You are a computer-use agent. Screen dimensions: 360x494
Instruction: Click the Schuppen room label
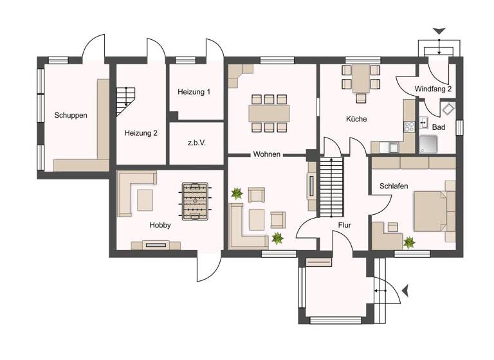(71, 116)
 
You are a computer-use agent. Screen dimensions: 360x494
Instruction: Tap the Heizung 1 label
(194, 92)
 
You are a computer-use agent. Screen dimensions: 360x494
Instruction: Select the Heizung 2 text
(141, 133)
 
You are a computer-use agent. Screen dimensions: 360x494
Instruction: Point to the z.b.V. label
(196, 143)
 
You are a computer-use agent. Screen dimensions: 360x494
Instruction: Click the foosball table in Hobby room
(195, 201)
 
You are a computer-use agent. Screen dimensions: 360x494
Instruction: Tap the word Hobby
(160, 226)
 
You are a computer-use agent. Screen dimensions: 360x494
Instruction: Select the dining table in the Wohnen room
(270, 113)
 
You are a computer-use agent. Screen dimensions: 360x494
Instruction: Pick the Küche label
(356, 119)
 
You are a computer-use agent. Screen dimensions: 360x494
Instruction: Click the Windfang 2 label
(433, 89)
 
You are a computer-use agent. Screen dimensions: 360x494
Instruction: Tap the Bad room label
(439, 127)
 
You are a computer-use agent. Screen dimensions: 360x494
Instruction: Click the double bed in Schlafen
(432, 208)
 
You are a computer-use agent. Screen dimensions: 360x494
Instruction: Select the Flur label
(344, 226)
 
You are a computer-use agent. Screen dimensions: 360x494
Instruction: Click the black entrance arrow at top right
(439, 31)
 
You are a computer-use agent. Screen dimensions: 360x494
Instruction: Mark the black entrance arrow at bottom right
(405, 292)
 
